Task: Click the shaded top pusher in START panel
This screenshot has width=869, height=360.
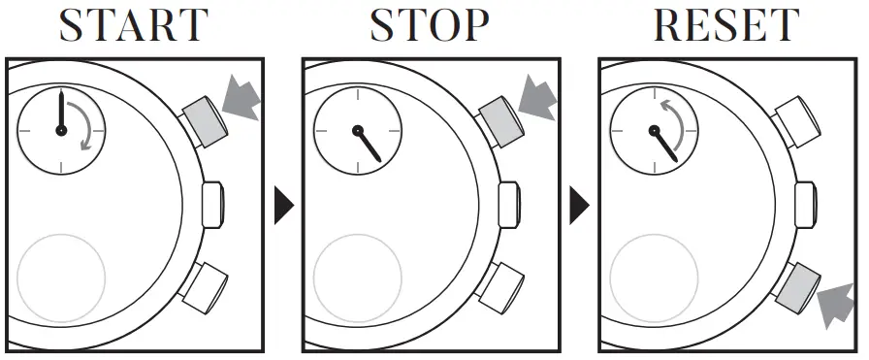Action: [203, 119]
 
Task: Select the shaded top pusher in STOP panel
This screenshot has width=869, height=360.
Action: [500, 119]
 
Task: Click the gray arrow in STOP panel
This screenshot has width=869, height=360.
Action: [536, 98]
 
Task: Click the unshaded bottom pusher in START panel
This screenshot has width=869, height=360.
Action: [203, 286]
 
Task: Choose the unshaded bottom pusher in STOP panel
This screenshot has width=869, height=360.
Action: [500, 286]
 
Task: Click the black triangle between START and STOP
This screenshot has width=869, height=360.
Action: [282, 204]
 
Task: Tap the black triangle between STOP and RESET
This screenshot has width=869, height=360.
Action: [579, 204]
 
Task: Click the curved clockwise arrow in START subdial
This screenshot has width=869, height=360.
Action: [89, 129]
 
